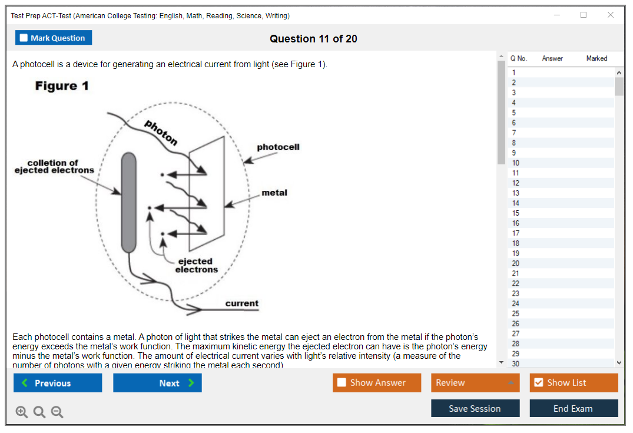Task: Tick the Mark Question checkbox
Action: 24,38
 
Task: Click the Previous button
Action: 58,383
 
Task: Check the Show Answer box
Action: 342,383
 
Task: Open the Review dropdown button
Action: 475,383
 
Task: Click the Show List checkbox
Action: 538,383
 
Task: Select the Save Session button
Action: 475,408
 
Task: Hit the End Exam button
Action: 573,408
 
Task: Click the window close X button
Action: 610,15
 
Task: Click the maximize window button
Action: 584,15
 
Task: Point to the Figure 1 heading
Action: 62,86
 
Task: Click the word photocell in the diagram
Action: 278,147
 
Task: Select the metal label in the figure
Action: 274,193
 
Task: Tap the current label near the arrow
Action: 241,303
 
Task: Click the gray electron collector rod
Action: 129,202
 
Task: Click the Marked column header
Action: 596,58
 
